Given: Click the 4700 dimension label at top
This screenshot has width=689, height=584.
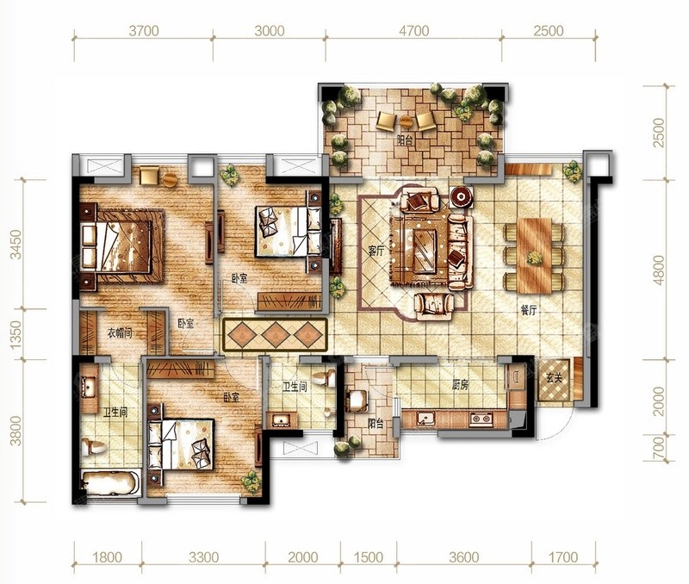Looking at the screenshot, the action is pyautogui.click(x=414, y=31).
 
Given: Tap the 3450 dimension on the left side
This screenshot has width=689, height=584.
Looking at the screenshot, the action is pyautogui.click(x=16, y=245).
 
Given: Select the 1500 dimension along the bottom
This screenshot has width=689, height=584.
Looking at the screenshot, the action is pyautogui.click(x=369, y=557).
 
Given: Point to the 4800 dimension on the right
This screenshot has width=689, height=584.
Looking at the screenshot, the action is pyautogui.click(x=659, y=270).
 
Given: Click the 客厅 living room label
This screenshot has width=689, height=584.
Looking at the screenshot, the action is pyautogui.click(x=376, y=252).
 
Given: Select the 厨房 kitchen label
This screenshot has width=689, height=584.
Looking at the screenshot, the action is pyautogui.click(x=460, y=385).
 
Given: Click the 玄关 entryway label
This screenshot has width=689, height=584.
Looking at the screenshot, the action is pyautogui.click(x=555, y=377).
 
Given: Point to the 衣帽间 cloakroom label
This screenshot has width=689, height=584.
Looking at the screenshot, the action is pyautogui.click(x=120, y=333).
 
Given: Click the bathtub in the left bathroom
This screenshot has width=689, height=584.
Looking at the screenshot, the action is pyautogui.click(x=111, y=482).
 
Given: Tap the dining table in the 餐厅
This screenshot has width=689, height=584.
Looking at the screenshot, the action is pyautogui.click(x=534, y=256).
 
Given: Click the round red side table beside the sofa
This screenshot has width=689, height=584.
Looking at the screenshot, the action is pyautogui.click(x=461, y=196).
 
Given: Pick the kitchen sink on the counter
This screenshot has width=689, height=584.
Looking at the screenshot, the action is pyautogui.click(x=425, y=419).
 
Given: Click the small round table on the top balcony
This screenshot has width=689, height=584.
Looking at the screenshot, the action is pyautogui.click(x=405, y=121).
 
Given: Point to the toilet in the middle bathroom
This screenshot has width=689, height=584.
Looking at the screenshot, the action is pyautogui.click(x=325, y=377).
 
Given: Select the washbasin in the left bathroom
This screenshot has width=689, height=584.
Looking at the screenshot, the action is pyautogui.click(x=90, y=388).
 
